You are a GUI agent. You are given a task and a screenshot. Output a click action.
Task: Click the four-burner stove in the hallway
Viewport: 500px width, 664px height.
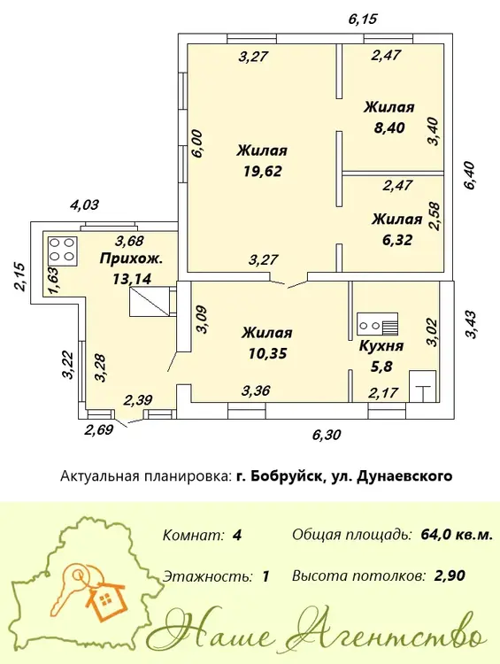pos(63,251)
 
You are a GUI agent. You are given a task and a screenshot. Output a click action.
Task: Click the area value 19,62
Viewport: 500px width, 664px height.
pos(263,171)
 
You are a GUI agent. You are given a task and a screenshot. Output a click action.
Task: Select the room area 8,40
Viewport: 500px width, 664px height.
pos(389,127)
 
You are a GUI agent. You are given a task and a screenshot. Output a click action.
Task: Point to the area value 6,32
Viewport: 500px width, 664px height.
pos(397,240)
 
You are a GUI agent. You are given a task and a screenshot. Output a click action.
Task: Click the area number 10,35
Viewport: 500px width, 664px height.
pos(267,352)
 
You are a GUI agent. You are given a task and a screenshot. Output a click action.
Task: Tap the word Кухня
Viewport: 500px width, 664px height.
pos(381,346)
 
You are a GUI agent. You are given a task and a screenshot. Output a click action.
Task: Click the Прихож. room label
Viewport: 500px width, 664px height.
pos(131,259)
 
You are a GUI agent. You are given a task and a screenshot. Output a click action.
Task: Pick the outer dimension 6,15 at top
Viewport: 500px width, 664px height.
pos(363,19)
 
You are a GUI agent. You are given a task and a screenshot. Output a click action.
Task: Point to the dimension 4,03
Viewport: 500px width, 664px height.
pos(84,205)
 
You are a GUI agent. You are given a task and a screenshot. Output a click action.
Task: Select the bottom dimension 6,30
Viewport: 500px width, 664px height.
pos(327,435)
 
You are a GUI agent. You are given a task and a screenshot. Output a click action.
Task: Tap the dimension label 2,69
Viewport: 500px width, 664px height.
pos(99,429)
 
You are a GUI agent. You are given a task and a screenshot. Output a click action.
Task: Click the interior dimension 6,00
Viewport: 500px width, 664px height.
pos(197,143)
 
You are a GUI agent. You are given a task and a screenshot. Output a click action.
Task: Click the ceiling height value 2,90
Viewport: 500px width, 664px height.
pos(450,575)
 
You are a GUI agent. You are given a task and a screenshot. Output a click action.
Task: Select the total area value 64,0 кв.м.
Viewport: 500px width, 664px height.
pos(457,535)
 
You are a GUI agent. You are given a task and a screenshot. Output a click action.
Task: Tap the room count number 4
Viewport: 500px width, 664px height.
pos(237,535)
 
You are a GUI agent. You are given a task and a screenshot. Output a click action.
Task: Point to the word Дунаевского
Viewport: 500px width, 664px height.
pos(405,476)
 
